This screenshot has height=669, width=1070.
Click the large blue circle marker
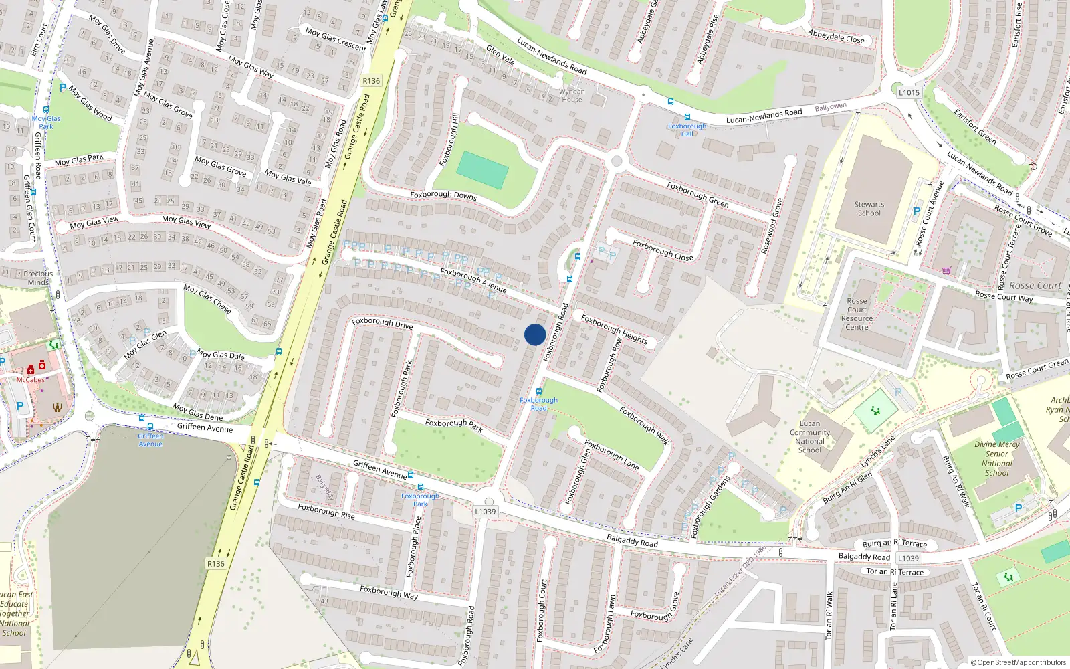click(x=535, y=334)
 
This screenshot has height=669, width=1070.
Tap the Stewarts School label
click(x=869, y=209)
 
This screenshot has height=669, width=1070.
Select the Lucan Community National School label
click(x=810, y=436)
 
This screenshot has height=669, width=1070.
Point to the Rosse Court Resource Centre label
click(x=857, y=314)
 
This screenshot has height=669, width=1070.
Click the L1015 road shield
click(x=909, y=92)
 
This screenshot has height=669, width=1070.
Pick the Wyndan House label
click(x=572, y=95)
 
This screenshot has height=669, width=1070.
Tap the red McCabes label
click(x=30, y=380)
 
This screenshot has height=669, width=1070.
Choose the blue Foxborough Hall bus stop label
click(x=687, y=130)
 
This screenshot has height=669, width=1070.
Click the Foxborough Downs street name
click(x=443, y=195)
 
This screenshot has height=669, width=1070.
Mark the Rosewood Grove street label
click(x=772, y=225)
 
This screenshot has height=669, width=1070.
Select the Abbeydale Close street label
click(x=836, y=37)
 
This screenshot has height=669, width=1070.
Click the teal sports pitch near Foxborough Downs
click(x=483, y=170)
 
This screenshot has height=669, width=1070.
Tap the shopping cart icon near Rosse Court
click(x=946, y=270)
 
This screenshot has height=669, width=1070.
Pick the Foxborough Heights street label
click(x=614, y=328)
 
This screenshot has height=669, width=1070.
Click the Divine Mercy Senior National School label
click(x=996, y=458)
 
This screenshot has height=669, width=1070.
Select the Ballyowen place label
click(x=831, y=107)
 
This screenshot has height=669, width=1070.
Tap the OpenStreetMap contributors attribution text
click(x=1018, y=662)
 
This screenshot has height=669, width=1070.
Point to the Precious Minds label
click(x=38, y=278)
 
